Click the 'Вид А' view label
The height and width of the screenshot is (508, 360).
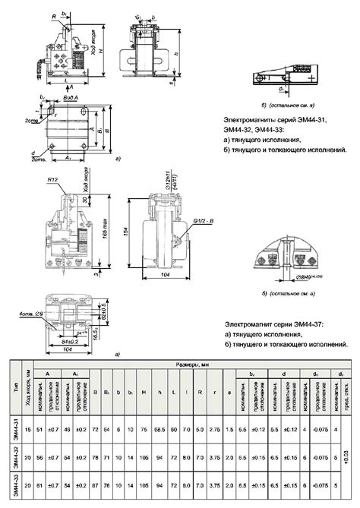[73, 99]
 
